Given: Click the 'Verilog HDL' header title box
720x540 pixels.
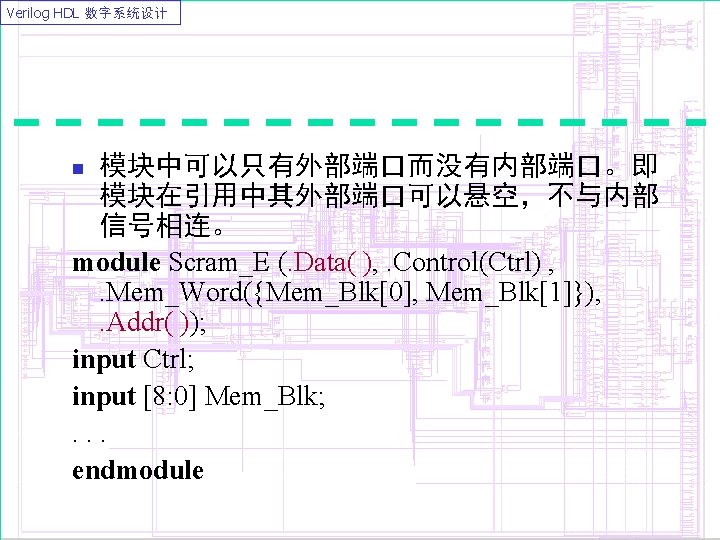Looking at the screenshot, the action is point(91,13).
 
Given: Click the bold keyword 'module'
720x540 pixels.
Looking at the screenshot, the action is point(116,263).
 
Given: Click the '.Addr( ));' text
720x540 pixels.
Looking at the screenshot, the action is point(151,324).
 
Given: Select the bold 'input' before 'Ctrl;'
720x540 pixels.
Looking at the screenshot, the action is point(103,358).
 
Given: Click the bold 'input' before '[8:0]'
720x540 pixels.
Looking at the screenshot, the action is point(103,397).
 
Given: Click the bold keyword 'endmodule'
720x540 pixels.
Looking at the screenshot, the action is point(138,470).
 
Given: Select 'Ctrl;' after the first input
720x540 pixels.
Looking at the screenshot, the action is point(174,358).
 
